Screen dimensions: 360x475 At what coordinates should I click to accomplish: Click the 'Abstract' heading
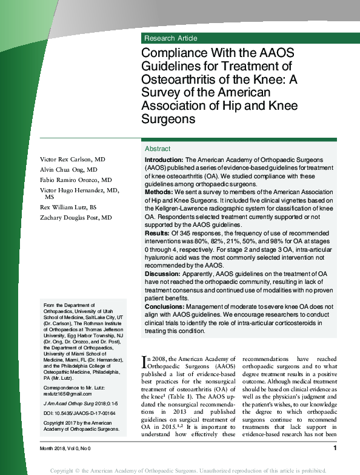[158, 149]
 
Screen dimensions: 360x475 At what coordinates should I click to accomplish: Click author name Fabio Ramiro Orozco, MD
[76, 180]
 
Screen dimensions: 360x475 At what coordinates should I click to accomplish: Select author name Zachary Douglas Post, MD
[76, 217]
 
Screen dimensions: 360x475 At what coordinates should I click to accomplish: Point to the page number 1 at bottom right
[335, 448]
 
